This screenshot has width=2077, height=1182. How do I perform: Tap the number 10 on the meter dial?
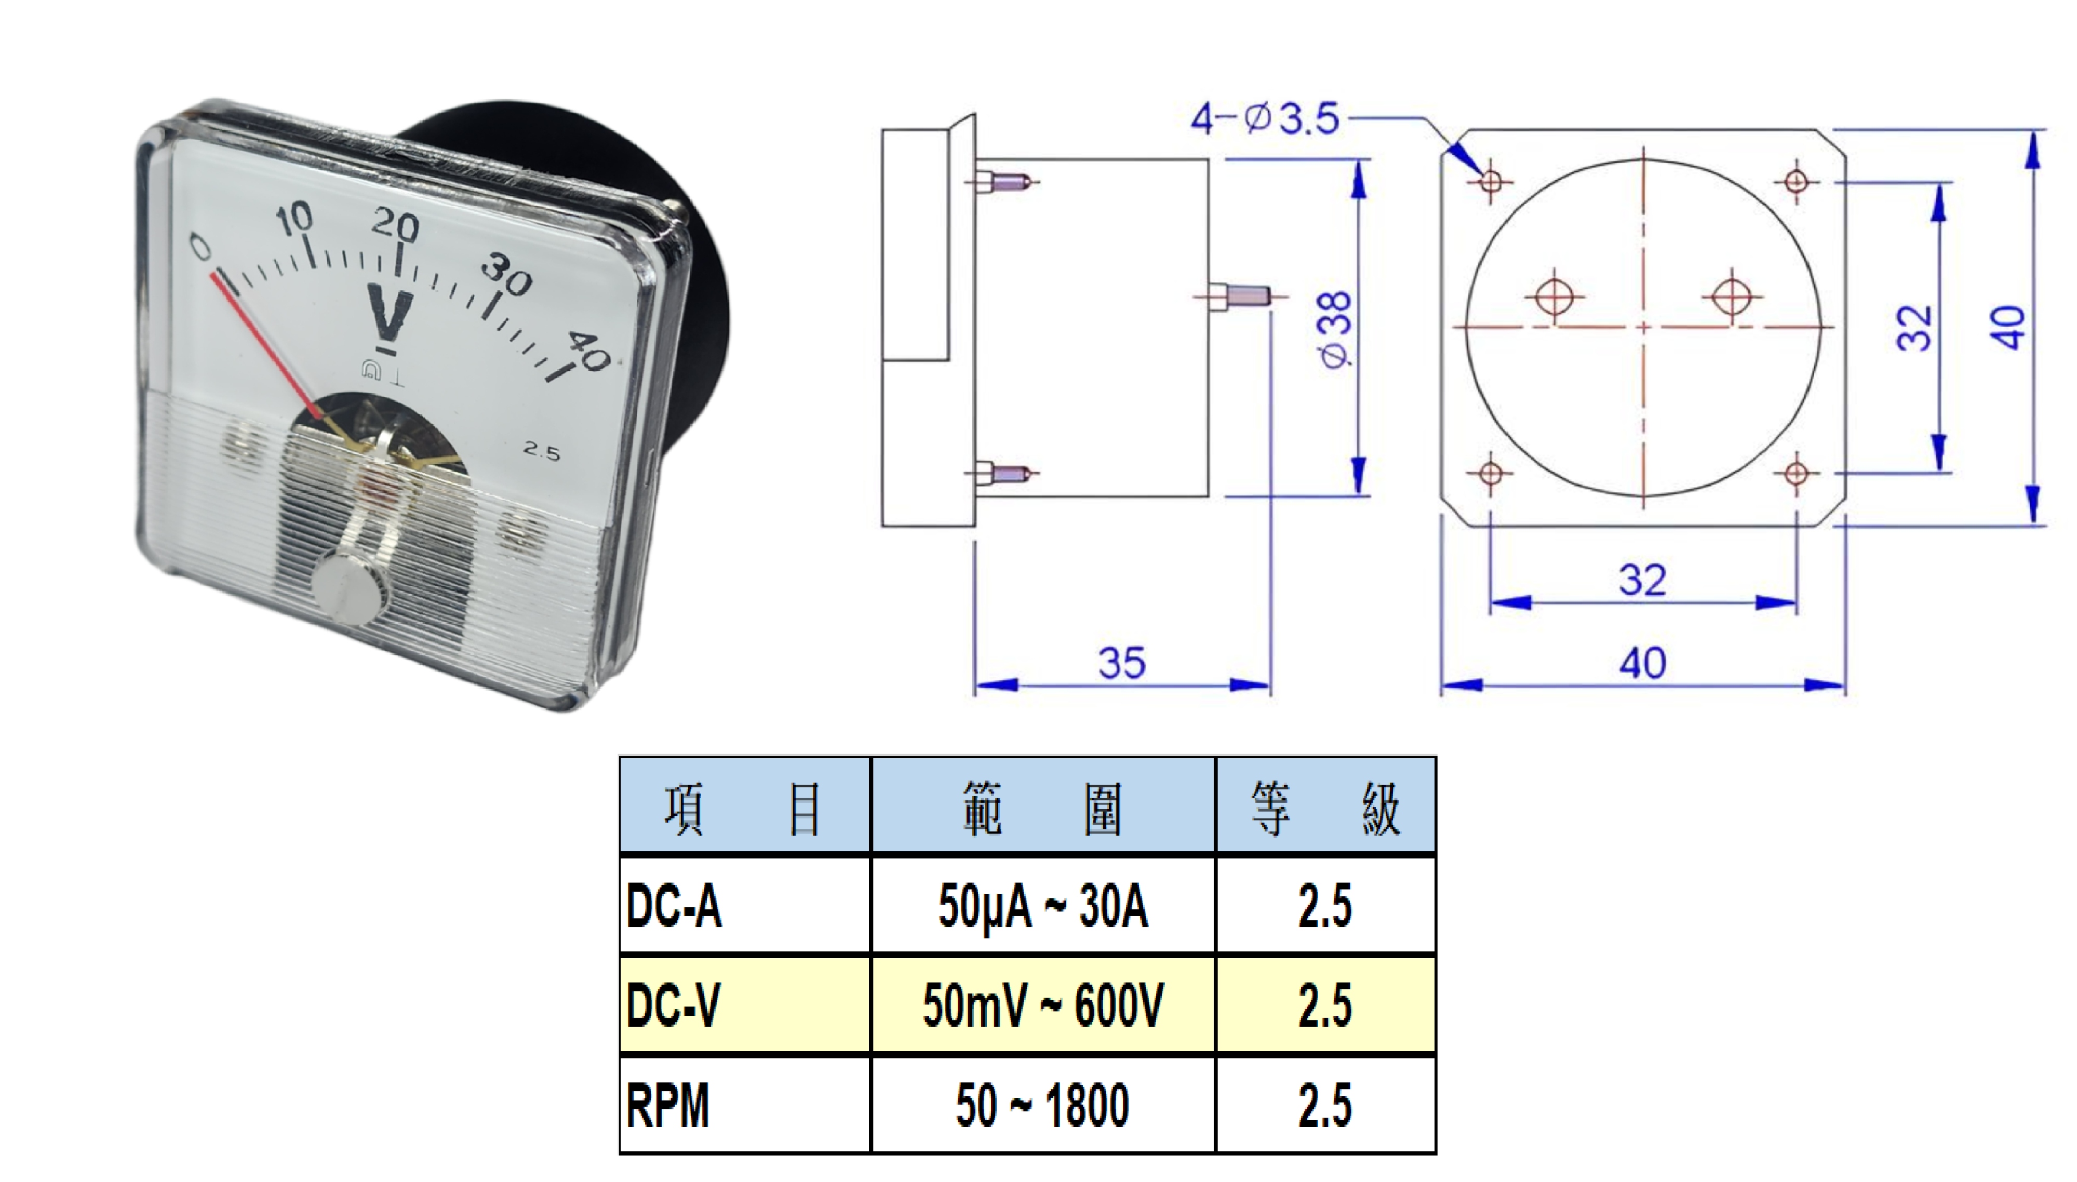[x=293, y=218]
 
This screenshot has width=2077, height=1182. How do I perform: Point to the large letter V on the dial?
[x=391, y=313]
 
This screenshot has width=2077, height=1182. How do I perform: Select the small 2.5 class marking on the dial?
[x=541, y=451]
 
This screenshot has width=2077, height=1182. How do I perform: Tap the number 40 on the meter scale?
[x=588, y=350]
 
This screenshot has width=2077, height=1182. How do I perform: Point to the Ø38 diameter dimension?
[x=1335, y=330]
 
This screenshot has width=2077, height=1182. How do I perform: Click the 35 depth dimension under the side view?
[x=1122, y=663]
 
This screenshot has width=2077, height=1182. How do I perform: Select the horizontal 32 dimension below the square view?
[x=1643, y=580]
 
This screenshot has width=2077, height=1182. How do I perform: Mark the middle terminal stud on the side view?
[x=1239, y=297]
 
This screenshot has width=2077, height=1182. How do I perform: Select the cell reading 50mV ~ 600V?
[x=1043, y=1005]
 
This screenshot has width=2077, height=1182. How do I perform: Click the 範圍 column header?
[x=1043, y=809]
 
